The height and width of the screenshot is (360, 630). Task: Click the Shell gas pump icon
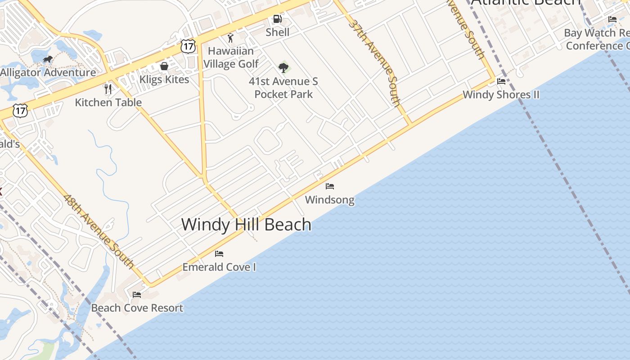[x=278, y=19]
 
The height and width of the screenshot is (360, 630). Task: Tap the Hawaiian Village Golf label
[x=231, y=58]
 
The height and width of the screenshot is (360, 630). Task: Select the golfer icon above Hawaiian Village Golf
[x=231, y=38]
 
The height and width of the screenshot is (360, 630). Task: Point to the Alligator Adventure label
[x=48, y=72]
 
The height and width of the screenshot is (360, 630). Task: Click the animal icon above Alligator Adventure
[x=48, y=59]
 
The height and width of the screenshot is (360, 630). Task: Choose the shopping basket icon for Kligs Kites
[x=164, y=67]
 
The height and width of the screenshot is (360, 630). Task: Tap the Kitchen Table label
[x=108, y=102]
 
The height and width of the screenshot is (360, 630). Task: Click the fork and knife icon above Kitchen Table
[x=108, y=89]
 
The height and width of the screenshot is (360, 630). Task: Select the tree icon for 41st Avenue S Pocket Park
[x=283, y=68]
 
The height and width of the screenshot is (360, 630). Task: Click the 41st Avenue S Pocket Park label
[x=283, y=88]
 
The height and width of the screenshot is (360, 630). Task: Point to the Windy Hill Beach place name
[x=246, y=224]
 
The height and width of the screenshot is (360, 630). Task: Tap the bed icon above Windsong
[x=330, y=186]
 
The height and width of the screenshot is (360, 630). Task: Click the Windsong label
[x=330, y=199]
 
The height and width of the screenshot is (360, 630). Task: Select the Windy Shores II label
[x=501, y=94]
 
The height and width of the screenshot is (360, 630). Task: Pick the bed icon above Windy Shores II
[x=501, y=81]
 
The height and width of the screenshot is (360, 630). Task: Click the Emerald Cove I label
[x=219, y=267]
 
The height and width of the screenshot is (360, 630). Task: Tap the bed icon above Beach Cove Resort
[x=137, y=295]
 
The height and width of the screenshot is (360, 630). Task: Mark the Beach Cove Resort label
[x=137, y=308]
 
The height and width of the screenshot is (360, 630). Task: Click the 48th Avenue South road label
[x=99, y=231]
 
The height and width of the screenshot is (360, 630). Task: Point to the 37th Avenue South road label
[x=374, y=63]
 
